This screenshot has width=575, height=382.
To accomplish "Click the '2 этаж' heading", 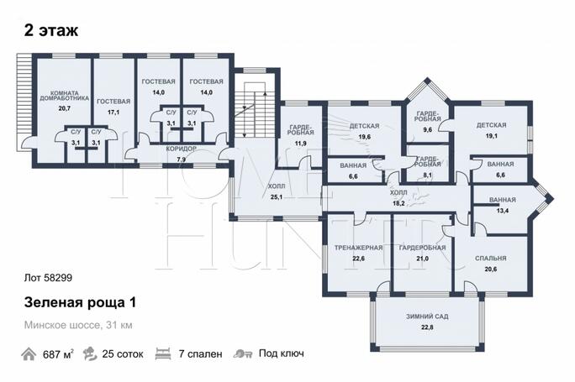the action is pyautogui.click(x=51, y=30).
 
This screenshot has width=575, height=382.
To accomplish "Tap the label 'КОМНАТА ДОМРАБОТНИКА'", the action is pyautogui.click(x=64, y=96).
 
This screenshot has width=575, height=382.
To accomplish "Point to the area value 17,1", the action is pyautogui.click(x=113, y=113).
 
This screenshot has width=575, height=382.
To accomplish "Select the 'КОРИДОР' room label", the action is pyautogui.click(x=181, y=149).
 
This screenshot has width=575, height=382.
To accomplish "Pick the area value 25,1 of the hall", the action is pyautogui.click(x=276, y=197).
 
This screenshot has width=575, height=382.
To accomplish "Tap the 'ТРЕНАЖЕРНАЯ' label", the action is pyautogui.click(x=358, y=248).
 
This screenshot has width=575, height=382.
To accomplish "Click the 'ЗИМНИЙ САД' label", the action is pyautogui.click(x=427, y=317).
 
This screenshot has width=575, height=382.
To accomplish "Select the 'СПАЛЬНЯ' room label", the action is pyautogui.click(x=491, y=259).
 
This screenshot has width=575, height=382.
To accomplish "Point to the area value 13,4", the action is pyautogui.click(x=503, y=211).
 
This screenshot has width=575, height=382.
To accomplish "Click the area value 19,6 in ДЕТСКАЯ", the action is pyautogui.click(x=365, y=137).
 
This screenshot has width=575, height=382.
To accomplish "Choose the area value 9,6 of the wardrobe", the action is pyautogui.click(x=427, y=129).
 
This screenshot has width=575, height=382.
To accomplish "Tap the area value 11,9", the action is pyautogui.click(x=301, y=144).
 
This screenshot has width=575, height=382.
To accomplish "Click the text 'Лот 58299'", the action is pyautogui.click(x=48, y=278).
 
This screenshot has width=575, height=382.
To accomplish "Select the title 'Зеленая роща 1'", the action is pyautogui.click(x=80, y=303).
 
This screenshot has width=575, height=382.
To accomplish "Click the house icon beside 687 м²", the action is pyautogui.click(x=29, y=354).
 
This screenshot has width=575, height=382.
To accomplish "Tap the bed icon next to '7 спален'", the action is pyautogui.click(x=163, y=354).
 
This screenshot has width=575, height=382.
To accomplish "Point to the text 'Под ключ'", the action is pyautogui.click(x=282, y=353).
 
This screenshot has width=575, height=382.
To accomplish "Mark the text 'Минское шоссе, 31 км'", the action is pyautogui.click(x=78, y=325).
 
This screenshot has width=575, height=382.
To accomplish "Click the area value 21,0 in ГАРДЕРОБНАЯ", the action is pyautogui.click(x=422, y=259).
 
